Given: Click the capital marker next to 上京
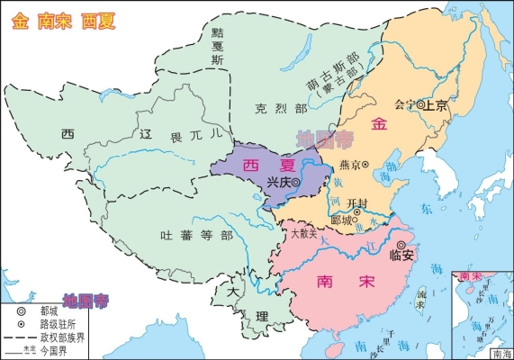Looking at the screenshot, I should [420, 104].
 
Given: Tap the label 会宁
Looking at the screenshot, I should [404, 104].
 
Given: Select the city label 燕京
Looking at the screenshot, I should [351, 165].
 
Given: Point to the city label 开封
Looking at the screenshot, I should [356, 203].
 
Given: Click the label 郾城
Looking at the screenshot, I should [341, 220].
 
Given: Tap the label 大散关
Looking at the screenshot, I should [303, 233].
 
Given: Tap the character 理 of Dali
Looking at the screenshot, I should [261, 317].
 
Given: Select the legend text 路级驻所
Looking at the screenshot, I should [58, 322].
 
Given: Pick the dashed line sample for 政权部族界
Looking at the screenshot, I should [20, 336].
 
